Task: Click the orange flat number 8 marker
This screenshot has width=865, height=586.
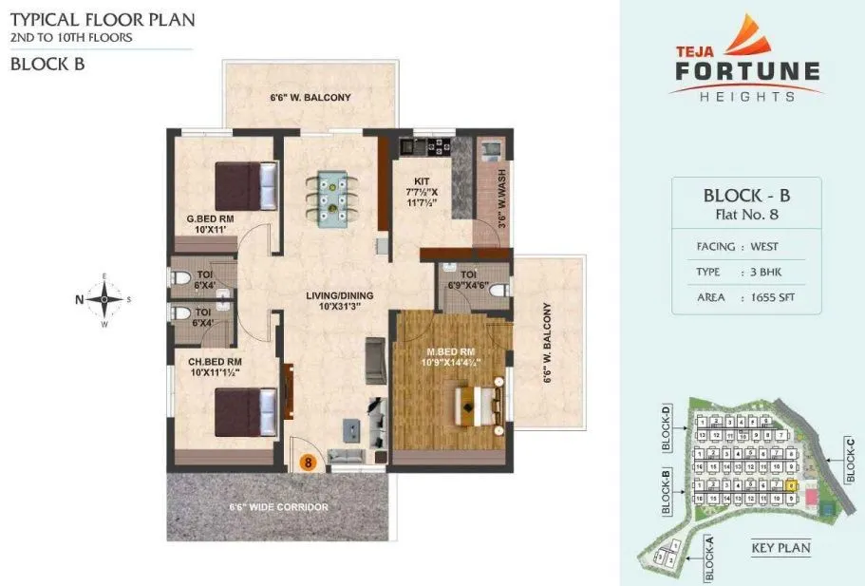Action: [308, 463]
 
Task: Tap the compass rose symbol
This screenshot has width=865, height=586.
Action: [103, 300]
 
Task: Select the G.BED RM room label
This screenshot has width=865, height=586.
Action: [210, 224]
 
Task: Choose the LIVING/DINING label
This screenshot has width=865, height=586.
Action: [339, 301]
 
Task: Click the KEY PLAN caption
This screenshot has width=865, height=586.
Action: [780, 548]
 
